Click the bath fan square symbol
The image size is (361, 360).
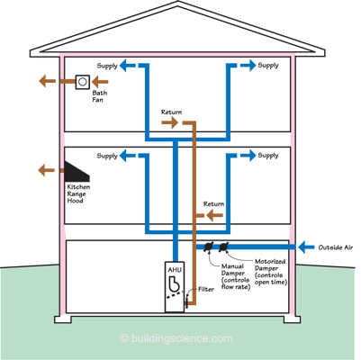tap(83, 82)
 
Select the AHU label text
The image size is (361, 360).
tap(175, 270)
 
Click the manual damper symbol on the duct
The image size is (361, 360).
tap(208, 247)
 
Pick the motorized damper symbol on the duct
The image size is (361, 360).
tap(223, 247)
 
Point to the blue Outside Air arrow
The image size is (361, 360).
tap(306, 247)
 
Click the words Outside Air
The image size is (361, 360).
tap(336, 247)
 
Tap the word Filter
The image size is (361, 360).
tap(206, 290)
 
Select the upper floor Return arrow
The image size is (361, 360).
tap(170, 122)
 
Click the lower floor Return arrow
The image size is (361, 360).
tap(214, 215)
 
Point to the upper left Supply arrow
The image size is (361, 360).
tap(128, 65)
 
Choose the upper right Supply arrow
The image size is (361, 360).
tap(248, 65)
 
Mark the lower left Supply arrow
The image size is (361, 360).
tap(128, 156)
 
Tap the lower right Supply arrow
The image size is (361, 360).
tap(248, 156)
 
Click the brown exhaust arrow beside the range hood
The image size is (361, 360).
tap(47, 170)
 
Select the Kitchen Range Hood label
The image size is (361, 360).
tap(78, 193)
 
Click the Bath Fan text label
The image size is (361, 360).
tap(100, 96)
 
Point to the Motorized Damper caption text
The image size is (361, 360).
tap(271, 272)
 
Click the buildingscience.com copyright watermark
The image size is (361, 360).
tap(176, 338)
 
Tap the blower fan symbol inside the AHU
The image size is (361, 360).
tap(175, 283)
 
